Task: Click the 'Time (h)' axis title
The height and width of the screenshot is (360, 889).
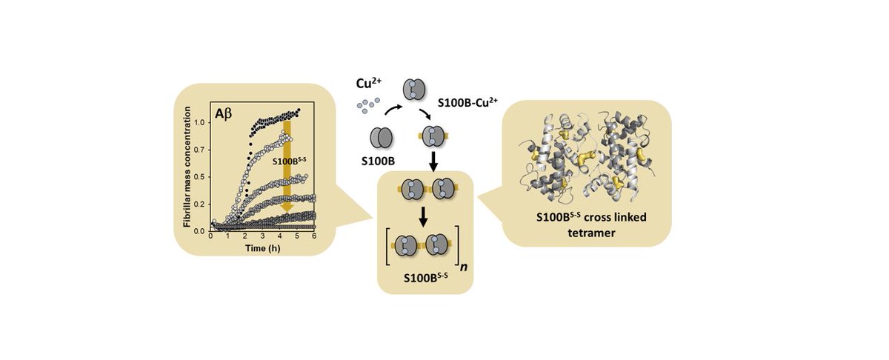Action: coord(263,246)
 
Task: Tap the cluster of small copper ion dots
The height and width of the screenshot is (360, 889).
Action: coord(368,107)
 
